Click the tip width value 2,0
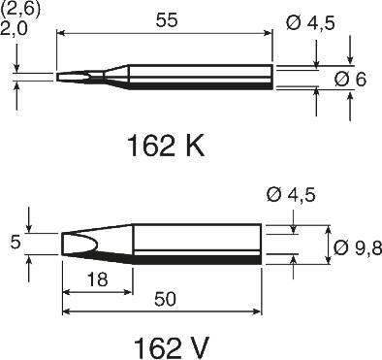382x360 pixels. (x=16, y=28)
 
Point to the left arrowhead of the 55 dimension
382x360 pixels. (x=62, y=33)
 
